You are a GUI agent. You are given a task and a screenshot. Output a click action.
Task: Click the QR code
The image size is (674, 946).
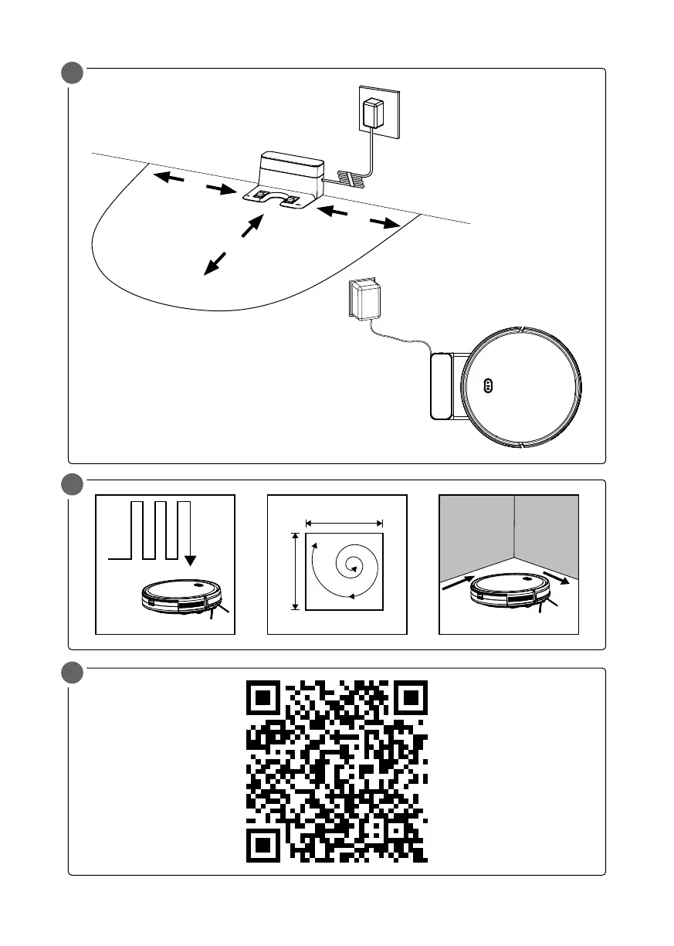tap(337, 771)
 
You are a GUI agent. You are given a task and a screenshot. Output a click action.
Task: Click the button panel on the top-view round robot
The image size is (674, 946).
tap(488, 385)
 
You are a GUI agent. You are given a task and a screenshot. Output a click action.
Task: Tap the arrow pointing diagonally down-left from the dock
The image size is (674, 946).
tap(215, 263)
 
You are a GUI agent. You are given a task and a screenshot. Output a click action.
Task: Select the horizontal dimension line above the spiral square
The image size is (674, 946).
tap(344, 523)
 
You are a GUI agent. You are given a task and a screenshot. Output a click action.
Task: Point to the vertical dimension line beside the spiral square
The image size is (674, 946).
tap(294, 571)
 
